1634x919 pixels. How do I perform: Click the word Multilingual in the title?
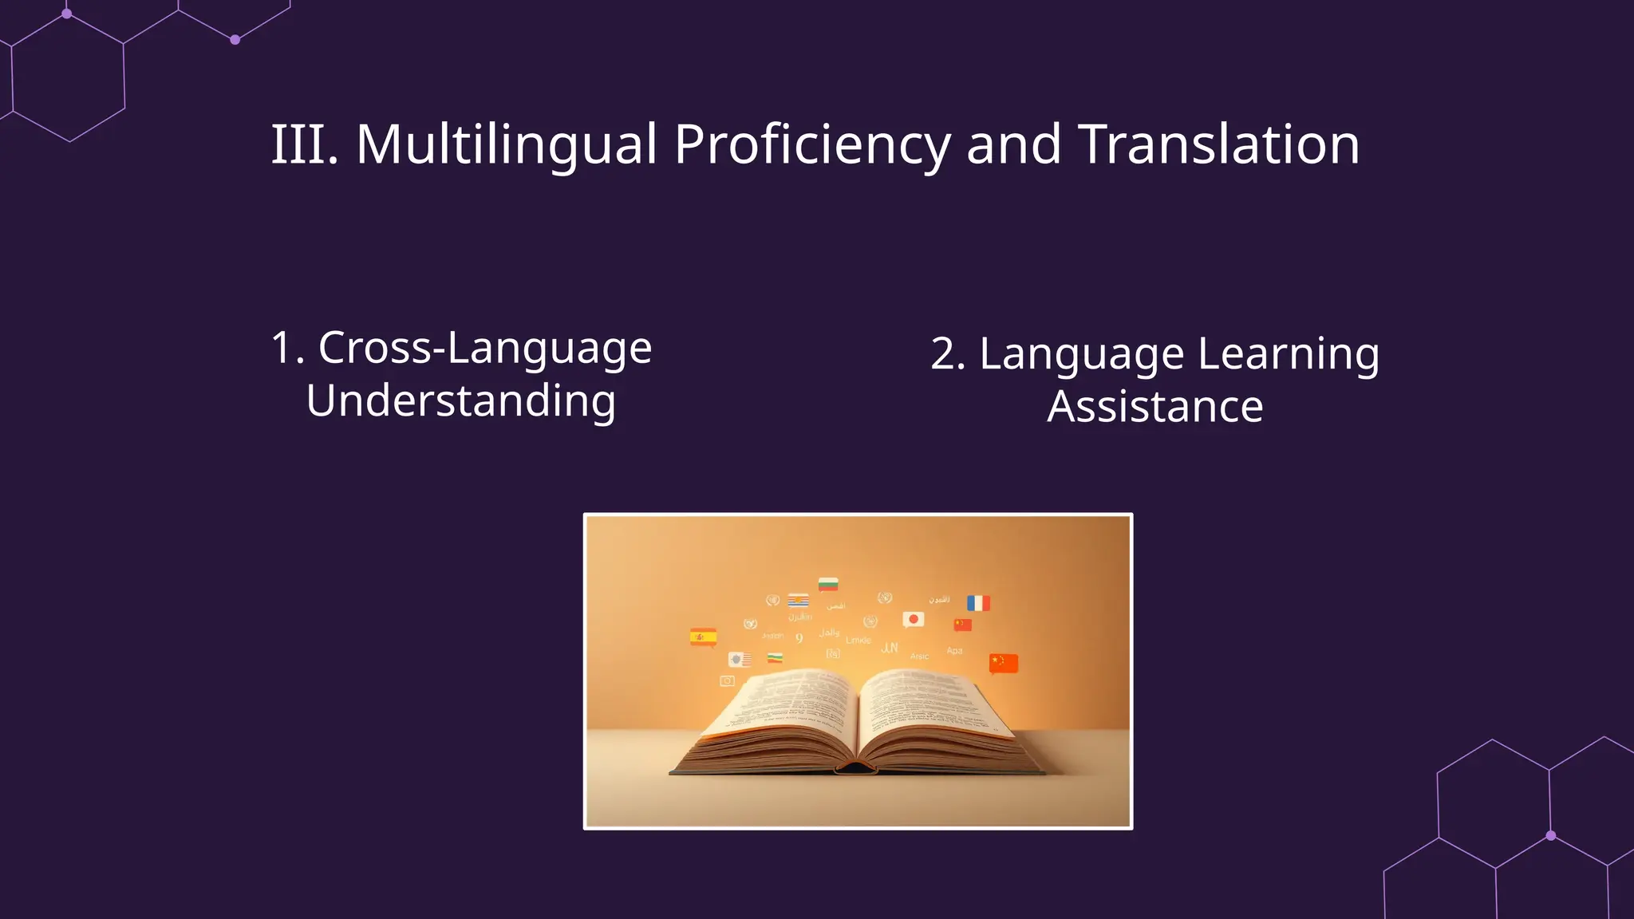(507, 145)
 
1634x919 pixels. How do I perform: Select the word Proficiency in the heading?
(812, 145)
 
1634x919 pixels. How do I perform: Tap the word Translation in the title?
(1218, 145)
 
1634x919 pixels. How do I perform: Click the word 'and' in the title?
(1013, 145)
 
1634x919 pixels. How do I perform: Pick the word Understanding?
(461, 400)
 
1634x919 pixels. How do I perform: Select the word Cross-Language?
(485, 348)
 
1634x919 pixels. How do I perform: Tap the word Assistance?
(1155, 407)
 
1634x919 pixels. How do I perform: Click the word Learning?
(1289, 353)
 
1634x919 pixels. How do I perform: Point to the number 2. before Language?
(948, 353)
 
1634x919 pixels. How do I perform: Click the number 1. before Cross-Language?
(288, 348)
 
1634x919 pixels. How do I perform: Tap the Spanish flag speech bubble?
(703, 637)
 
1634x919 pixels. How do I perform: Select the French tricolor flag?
(978, 603)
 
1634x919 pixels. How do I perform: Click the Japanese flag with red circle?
(914, 619)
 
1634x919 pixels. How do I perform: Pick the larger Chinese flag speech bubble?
(1004, 663)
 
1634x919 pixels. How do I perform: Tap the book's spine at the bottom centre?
(855, 768)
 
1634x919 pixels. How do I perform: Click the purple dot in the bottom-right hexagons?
(1551, 836)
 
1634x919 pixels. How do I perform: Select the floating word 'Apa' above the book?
(954, 651)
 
